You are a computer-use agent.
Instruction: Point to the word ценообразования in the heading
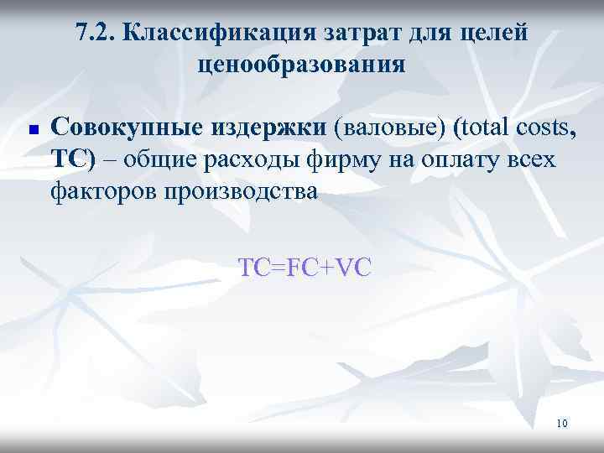302,64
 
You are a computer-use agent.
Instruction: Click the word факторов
102,191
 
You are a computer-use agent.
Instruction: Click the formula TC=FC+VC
305,268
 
